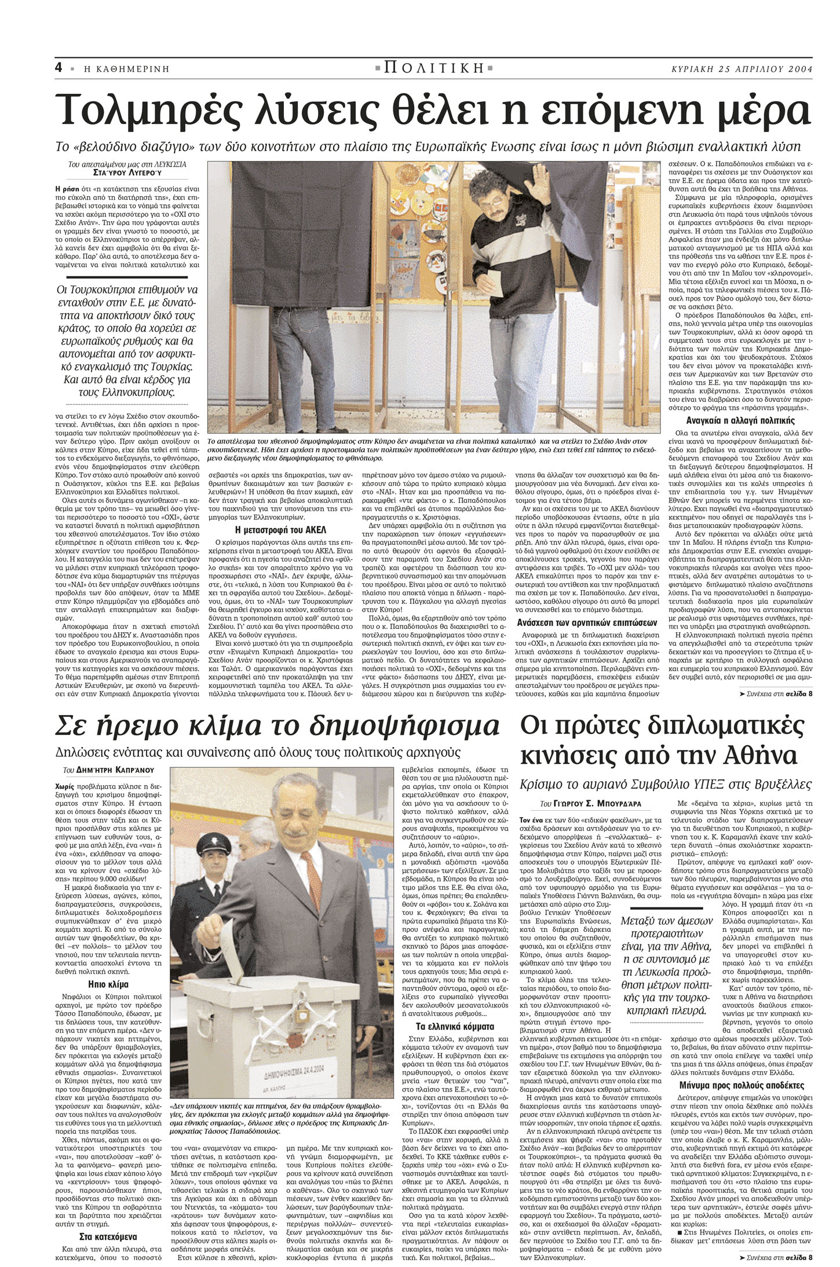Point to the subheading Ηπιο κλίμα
pyautogui.click(x=108, y=984)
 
